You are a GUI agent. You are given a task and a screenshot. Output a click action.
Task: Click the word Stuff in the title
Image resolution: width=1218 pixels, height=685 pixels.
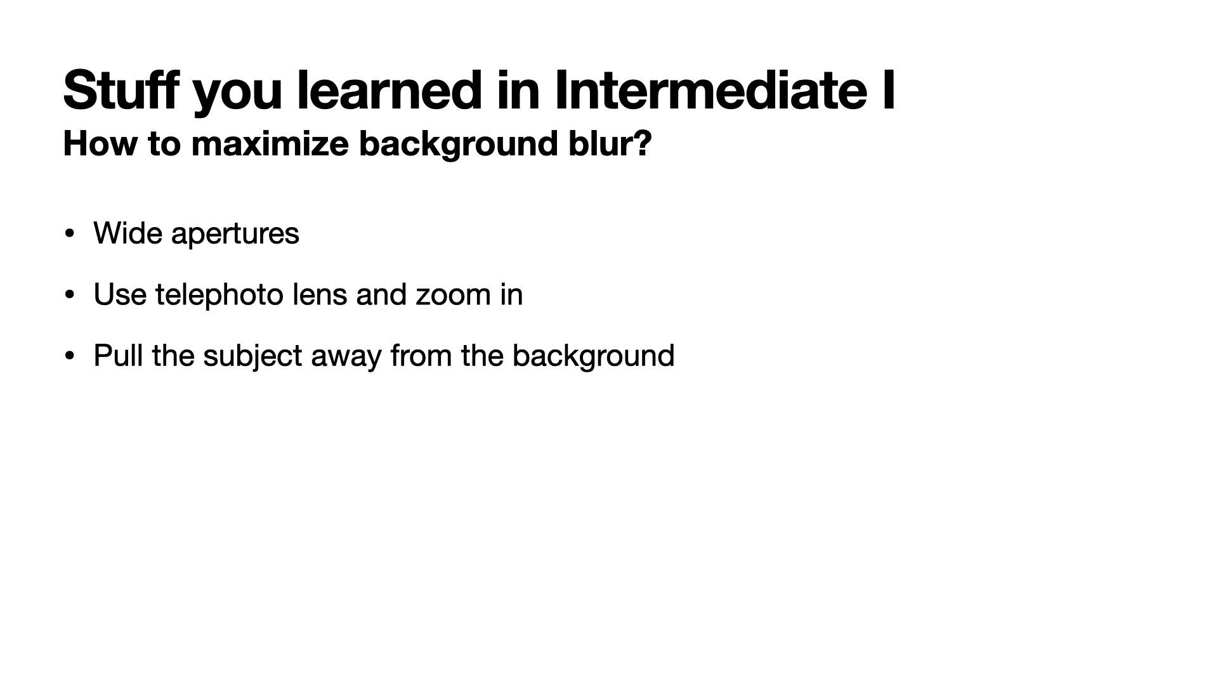pyautogui.click(x=121, y=89)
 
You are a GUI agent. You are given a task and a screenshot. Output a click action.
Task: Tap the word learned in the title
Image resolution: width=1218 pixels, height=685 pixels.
pyautogui.click(x=388, y=89)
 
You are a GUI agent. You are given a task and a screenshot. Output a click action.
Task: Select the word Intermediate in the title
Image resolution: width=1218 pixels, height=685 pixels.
pyautogui.click(x=710, y=89)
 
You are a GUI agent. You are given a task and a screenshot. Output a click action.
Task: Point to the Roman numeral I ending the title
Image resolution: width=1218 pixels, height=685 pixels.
pyautogui.click(x=888, y=89)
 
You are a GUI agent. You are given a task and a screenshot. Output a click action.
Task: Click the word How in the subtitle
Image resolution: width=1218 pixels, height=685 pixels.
pyautogui.click(x=101, y=143)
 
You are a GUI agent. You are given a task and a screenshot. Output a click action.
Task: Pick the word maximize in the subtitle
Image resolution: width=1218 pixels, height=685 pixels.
pyautogui.click(x=270, y=143)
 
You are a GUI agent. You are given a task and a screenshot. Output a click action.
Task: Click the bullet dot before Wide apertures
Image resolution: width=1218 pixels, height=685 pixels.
pyautogui.click(x=70, y=234)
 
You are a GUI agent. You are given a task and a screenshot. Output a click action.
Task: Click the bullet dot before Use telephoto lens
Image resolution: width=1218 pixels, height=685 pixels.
pyautogui.click(x=70, y=295)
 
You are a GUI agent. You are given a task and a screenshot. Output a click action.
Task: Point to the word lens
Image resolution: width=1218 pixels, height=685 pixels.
pyautogui.click(x=320, y=294)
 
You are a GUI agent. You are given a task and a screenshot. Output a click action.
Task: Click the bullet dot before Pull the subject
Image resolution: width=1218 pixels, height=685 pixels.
pyautogui.click(x=70, y=356)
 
